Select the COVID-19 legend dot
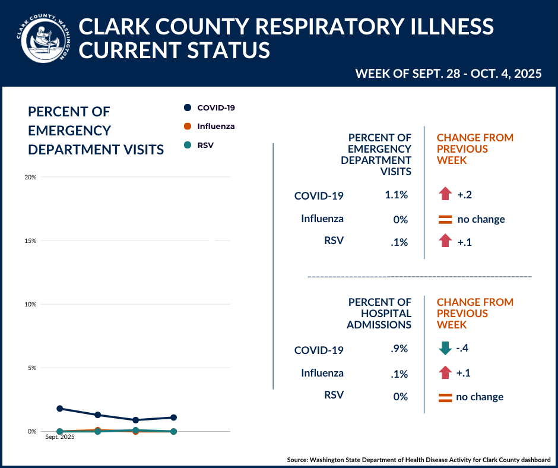pos(188,107)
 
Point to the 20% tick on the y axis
pos(30,178)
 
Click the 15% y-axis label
pos(30,241)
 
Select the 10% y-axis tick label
pos(30,305)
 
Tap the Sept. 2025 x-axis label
pos(60,438)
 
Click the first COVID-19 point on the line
pos(60,409)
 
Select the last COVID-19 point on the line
pos(173,418)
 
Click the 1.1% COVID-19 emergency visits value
pos(397,195)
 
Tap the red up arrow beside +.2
pos(445,194)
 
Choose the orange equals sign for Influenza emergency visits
pos(445,219)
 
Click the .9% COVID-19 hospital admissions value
pos(400,349)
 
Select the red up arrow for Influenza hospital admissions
pos(445,373)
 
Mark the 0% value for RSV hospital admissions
pos(401,397)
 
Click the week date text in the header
pos(448,74)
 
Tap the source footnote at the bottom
pos(418,460)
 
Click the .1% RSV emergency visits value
pos(400,242)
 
